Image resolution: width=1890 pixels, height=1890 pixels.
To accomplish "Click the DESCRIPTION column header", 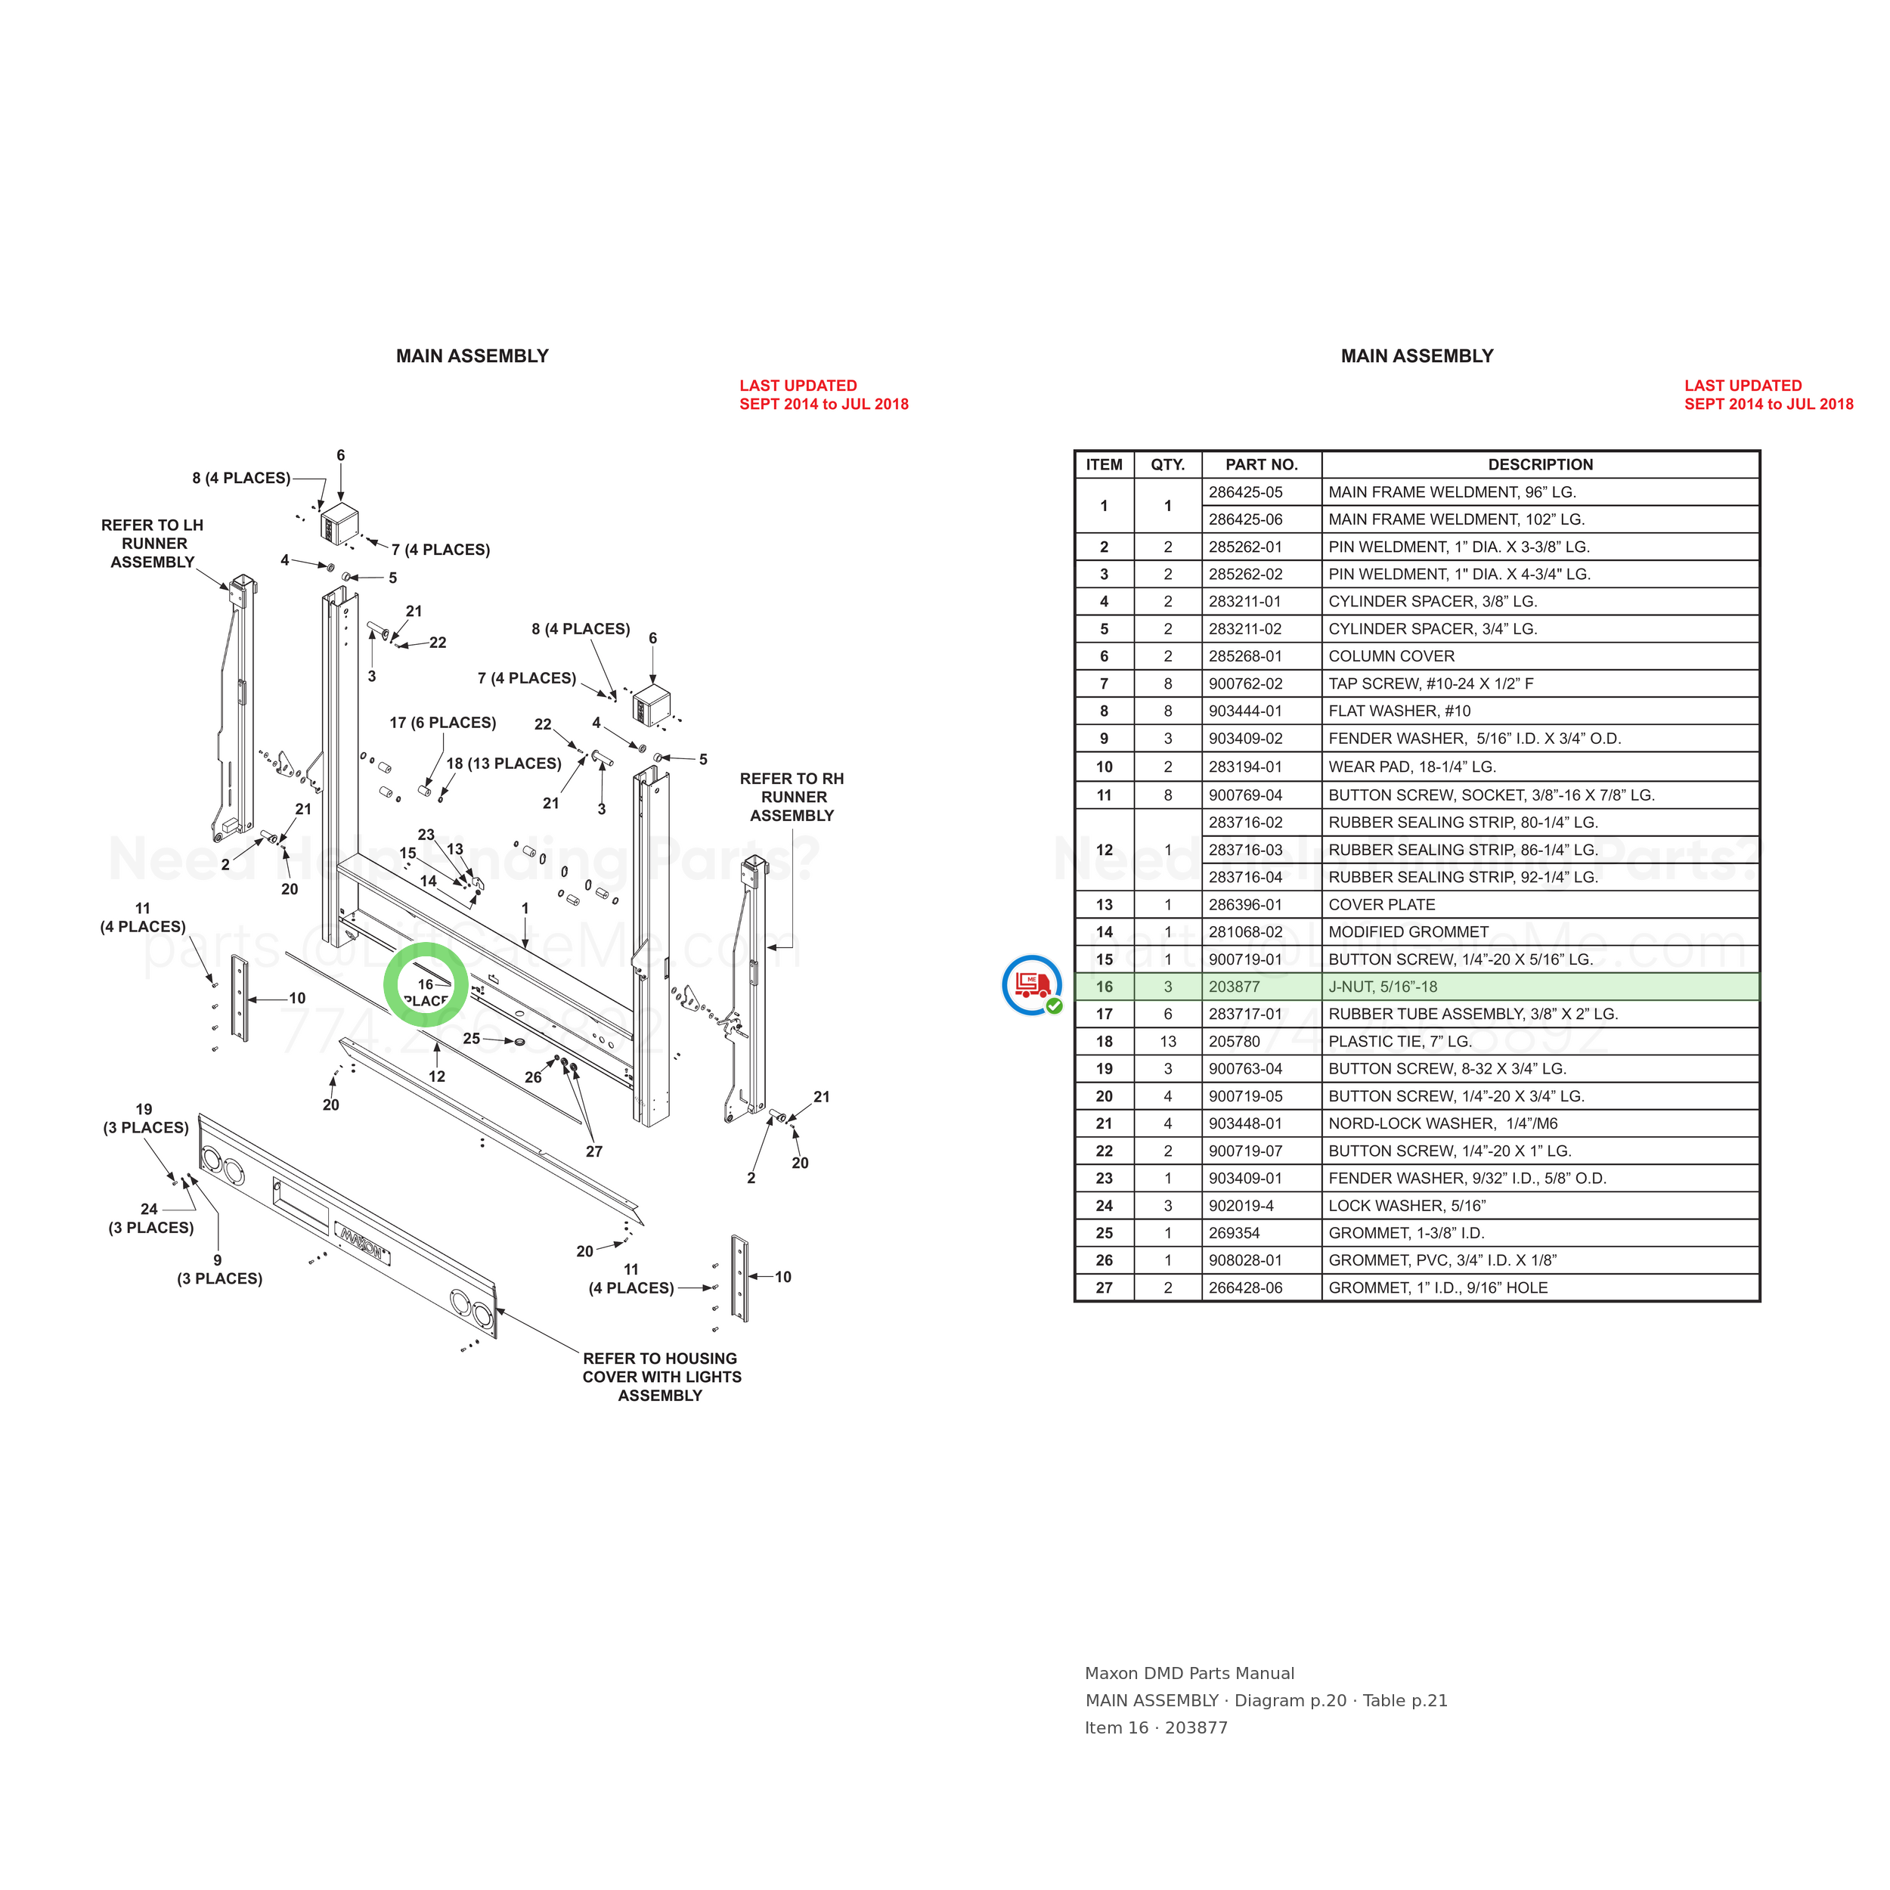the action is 1540,465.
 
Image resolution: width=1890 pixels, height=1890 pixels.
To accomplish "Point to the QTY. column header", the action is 1167,465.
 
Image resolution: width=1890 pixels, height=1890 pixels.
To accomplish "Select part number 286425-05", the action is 1245,492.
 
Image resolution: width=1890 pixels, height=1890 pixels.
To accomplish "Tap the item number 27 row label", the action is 1104,1287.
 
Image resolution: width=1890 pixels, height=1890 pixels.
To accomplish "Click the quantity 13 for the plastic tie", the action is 1167,1042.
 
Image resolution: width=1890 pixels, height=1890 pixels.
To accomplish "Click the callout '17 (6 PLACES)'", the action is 442,723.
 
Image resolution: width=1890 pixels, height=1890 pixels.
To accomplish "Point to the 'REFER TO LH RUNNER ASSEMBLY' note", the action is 153,543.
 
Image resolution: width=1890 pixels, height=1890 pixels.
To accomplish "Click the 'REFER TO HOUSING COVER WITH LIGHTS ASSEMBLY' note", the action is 661,1377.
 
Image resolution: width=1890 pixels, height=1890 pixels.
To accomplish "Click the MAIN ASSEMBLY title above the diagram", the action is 472,356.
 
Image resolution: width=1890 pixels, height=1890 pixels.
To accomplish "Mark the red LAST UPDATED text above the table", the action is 1768,394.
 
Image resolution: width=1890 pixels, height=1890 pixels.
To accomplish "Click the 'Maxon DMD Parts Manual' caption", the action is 1188,1674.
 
